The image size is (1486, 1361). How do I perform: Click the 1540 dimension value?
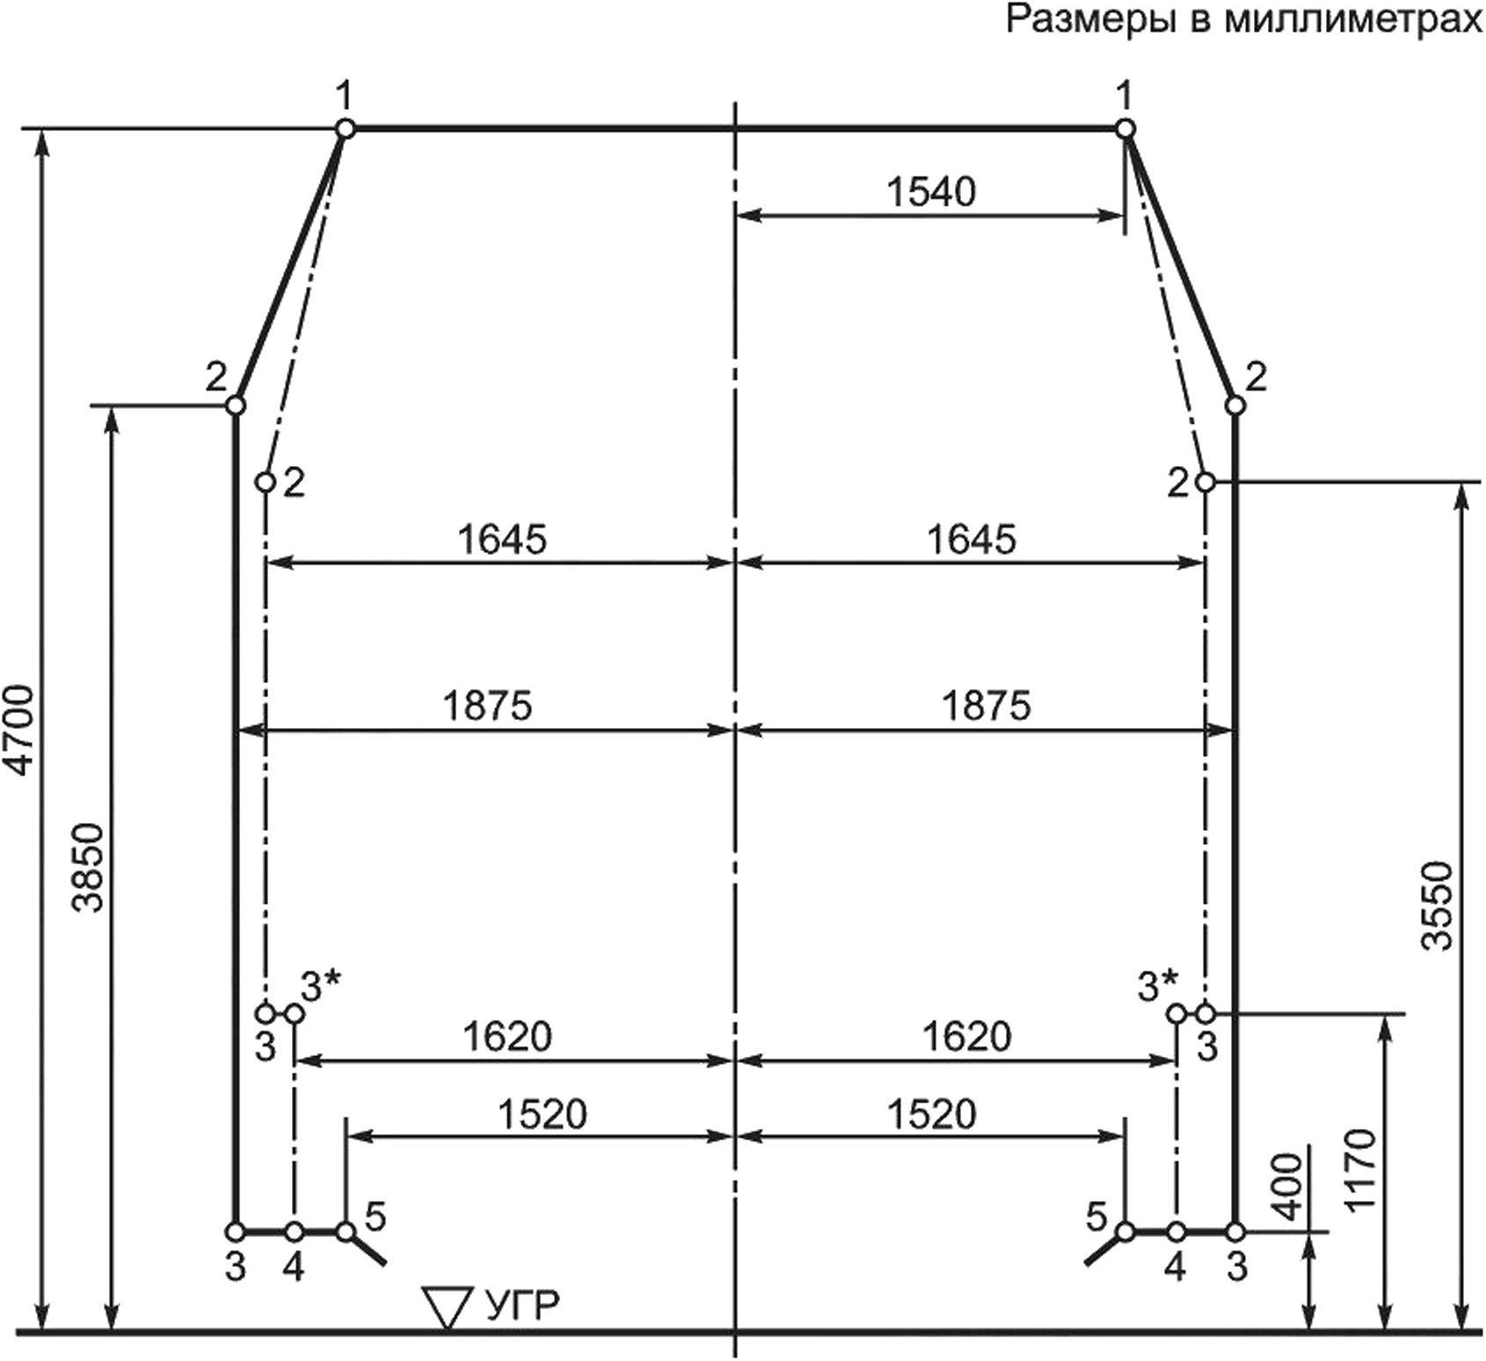pyautogui.click(x=931, y=192)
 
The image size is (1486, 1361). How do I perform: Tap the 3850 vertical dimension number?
pyautogui.click(x=91, y=868)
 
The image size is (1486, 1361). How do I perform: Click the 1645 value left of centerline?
pyautogui.click(x=502, y=538)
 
